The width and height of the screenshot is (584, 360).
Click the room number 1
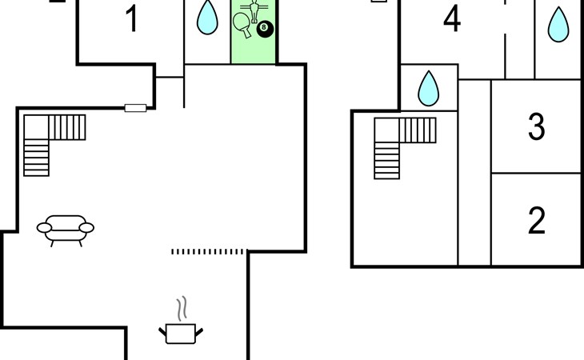(x=132, y=18)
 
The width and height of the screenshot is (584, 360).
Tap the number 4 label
(x=452, y=19)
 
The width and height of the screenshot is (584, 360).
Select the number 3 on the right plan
(x=537, y=126)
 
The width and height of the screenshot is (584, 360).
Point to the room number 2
(x=537, y=219)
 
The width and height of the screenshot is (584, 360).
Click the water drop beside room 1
(x=208, y=18)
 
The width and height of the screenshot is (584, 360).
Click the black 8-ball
(x=266, y=30)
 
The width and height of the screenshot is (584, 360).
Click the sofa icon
(x=66, y=227)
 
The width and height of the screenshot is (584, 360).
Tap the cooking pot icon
(x=182, y=332)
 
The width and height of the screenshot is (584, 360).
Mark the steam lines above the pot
(x=183, y=307)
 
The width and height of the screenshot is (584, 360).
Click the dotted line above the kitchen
(x=208, y=252)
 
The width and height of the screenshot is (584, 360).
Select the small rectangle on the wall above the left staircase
(x=135, y=108)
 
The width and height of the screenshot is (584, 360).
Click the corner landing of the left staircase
(x=35, y=127)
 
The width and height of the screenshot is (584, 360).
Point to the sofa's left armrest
(x=44, y=228)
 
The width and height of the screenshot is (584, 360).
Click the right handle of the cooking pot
(x=199, y=330)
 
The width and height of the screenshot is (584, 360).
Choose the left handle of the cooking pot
(x=163, y=330)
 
